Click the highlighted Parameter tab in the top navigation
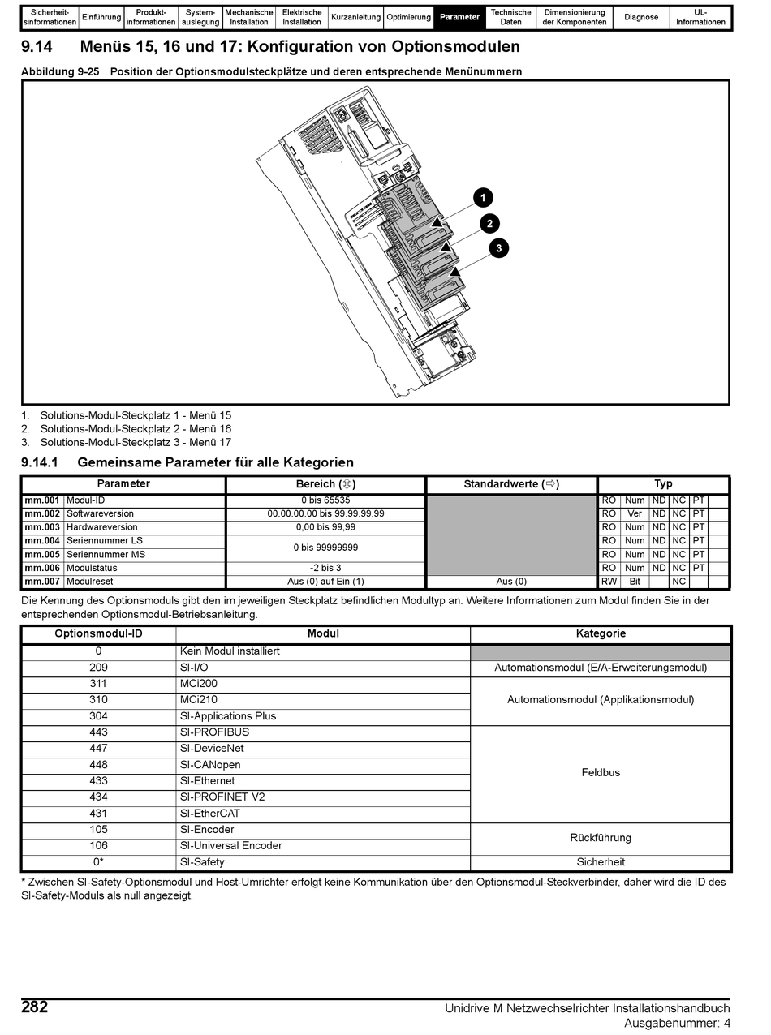[x=460, y=17]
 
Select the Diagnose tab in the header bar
[x=641, y=17]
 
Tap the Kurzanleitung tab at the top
[x=355, y=17]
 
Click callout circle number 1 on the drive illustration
[x=483, y=198]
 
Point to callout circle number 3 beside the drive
[x=499, y=248]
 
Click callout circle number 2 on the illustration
[x=489, y=223]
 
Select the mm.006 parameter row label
[x=42, y=568]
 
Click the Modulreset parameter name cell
[x=90, y=582]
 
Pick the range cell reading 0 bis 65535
[x=325, y=500]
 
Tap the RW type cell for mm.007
[x=609, y=582]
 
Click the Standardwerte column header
[x=511, y=484]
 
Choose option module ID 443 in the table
[x=98, y=732]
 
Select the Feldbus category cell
[x=601, y=773]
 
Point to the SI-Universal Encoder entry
[x=231, y=846]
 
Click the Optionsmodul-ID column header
[x=98, y=633]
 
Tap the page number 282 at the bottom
[x=35, y=1007]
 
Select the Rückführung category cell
[x=601, y=838]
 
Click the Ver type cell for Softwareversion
[x=635, y=513]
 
